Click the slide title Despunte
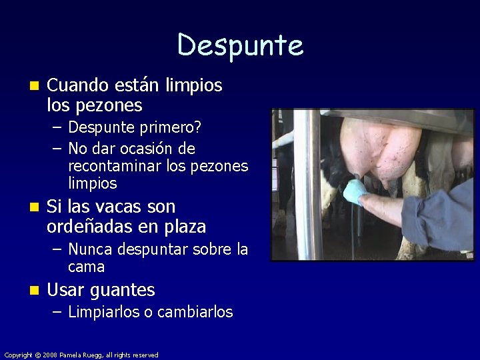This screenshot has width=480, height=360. tap(240, 45)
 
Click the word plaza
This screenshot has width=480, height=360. tap(181, 227)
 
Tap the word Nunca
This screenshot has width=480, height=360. tap(90, 249)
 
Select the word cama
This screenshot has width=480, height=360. tap(86, 267)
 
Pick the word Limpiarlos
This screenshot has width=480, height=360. tap(103, 311)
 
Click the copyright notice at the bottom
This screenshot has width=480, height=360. tap(81, 355)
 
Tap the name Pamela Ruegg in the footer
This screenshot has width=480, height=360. tap(79, 355)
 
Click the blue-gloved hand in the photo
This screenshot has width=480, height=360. tap(355, 192)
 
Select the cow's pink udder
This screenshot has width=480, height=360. tap(380, 147)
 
